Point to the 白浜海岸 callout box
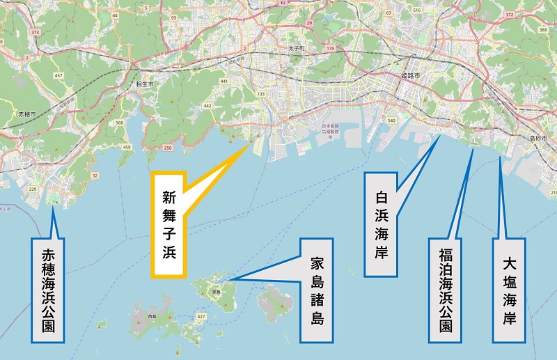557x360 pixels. pos(380,215)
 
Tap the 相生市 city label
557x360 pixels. pos(145,83)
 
